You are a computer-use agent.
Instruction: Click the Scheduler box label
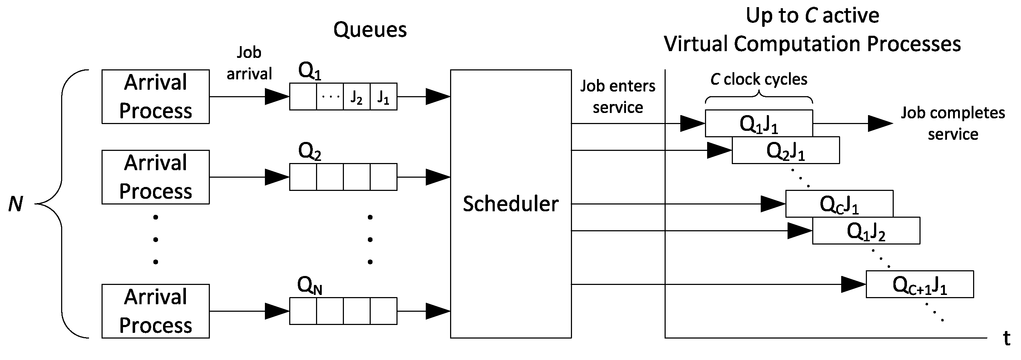(510, 204)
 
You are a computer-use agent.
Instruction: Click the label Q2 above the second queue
(309, 152)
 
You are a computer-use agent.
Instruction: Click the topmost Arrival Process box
(156, 97)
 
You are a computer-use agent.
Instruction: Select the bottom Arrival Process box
(156, 311)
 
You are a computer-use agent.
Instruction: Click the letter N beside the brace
(16, 204)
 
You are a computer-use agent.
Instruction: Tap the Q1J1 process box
(759, 124)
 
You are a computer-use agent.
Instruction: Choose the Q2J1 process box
(785, 151)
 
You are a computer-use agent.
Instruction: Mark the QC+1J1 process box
(919, 285)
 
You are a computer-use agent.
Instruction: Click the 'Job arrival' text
(249, 63)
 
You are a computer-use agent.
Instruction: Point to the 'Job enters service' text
(617, 97)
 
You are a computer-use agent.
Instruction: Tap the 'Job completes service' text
(953, 124)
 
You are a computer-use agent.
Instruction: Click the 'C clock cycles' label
(759, 79)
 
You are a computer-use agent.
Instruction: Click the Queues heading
(370, 30)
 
